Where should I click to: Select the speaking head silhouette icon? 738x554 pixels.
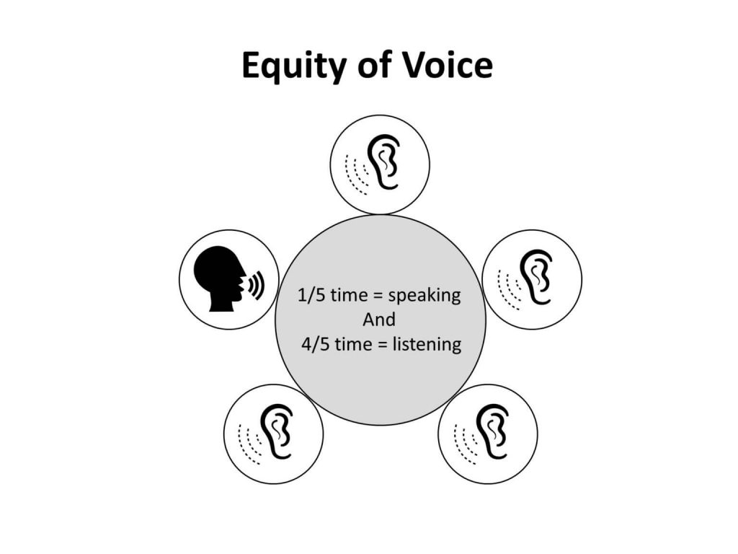click(219, 278)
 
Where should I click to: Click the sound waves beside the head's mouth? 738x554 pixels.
click(257, 286)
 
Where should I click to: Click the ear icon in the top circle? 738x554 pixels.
click(385, 162)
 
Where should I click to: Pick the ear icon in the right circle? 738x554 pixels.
click(536, 278)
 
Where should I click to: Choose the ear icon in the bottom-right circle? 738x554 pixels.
click(493, 431)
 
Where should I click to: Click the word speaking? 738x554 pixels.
click(424, 296)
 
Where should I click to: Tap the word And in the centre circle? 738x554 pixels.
click(379, 320)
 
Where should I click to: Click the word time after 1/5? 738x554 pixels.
click(348, 296)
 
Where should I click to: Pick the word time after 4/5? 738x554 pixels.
click(353, 345)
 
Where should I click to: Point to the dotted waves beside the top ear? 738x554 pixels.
click(356, 173)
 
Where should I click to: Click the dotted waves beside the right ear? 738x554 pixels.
click(508, 289)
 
